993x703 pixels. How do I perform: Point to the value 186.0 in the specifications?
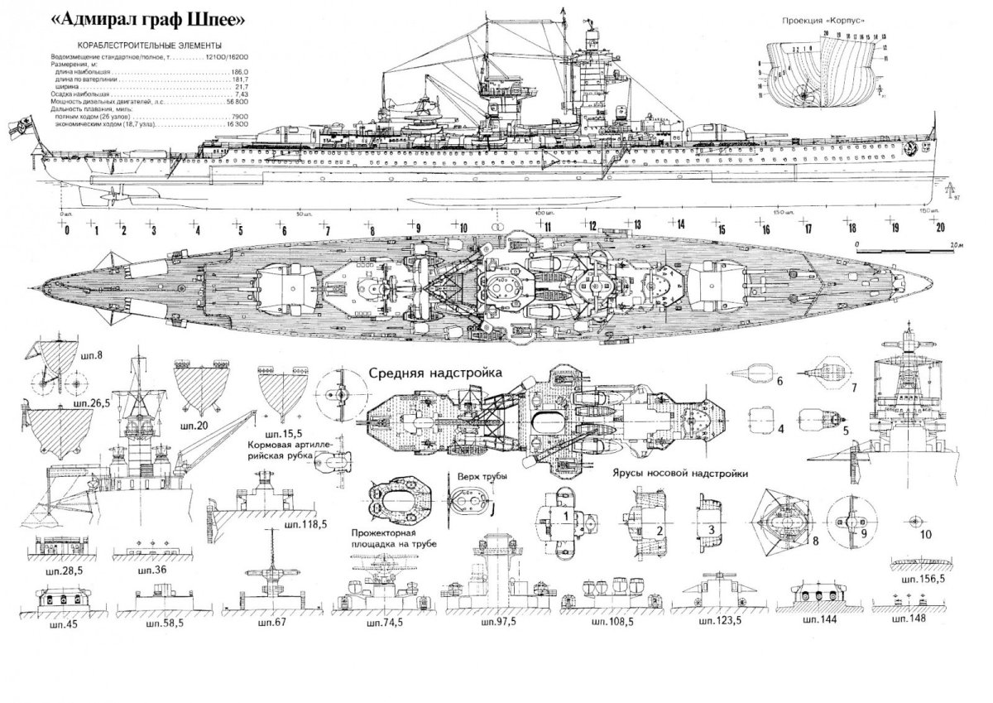pos(241,72)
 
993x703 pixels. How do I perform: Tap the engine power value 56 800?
pos(237,102)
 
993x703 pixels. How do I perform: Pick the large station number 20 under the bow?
pos(938,229)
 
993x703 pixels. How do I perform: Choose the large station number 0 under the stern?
pos(66,229)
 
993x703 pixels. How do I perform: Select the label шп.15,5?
pos(277,434)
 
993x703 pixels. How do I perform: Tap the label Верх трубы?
pos(475,478)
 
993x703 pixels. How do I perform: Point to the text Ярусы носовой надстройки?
pos(681,474)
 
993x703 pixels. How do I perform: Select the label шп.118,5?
pos(305,525)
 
